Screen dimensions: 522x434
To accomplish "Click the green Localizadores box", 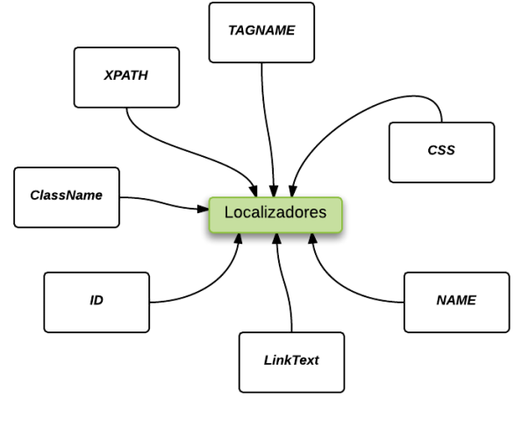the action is pyautogui.click(x=275, y=215).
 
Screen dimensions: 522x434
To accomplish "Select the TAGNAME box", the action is pyautogui.click(x=261, y=32).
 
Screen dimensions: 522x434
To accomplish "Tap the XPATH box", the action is pyautogui.click(x=126, y=77).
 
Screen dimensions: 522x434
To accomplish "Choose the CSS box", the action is pyautogui.click(x=442, y=153).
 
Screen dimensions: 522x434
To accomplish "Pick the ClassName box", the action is pyautogui.click(x=67, y=197).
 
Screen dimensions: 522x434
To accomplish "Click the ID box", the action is pyautogui.click(x=97, y=302).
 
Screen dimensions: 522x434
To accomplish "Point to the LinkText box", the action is pyautogui.click(x=291, y=362).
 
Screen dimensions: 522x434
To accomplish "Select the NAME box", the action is pyautogui.click(x=457, y=302).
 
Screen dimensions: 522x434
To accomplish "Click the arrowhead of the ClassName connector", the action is pyautogui.click(x=203, y=209).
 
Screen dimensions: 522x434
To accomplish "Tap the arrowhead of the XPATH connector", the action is pyautogui.click(x=254, y=191).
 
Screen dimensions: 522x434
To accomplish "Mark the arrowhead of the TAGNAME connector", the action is pyautogui.click(x=274, y=191).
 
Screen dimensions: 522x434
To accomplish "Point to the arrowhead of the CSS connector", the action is pyautogui.click(x=293, y=191).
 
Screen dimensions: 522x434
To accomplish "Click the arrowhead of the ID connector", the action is pyautogui.click(x=239, y=238).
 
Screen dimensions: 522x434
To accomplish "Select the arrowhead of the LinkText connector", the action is pyautogui.click(x=276, y=238).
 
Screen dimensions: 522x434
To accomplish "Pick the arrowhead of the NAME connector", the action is pyautogui.click(x=312, y=238).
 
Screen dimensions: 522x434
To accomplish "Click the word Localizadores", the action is pyautogui.click(x=275, y=212).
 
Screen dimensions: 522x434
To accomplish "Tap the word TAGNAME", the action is pyautogui.click(x=261, y=31).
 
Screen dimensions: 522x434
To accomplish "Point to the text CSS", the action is pyautogui.click(x=441, y=150).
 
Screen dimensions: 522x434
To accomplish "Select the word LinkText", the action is pyautogui.click(x=291, y=360).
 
